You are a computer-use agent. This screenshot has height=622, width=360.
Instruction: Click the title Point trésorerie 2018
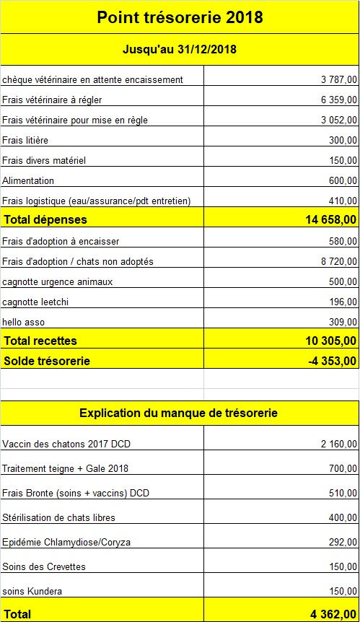(180, 17)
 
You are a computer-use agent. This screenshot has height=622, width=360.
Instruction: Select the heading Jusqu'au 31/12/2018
(180, 50)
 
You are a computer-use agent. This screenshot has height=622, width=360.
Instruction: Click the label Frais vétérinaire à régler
(55, 100)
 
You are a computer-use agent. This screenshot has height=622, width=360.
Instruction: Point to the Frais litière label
(25, 140)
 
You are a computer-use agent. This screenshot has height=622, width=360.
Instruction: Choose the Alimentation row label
(28, 180)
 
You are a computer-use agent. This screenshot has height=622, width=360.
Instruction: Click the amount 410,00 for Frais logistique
(343, 201)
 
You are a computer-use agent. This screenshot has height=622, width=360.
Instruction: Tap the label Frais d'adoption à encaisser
(61, 241)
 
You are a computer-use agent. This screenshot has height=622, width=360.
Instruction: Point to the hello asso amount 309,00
(343, 322)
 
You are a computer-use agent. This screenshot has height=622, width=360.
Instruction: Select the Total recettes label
(40, 341)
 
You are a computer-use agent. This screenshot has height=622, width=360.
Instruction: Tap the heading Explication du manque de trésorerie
(178, 413)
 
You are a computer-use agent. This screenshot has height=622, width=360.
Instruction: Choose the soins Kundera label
(32, 591)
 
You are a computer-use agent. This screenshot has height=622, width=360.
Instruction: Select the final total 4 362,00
(333, 614)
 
